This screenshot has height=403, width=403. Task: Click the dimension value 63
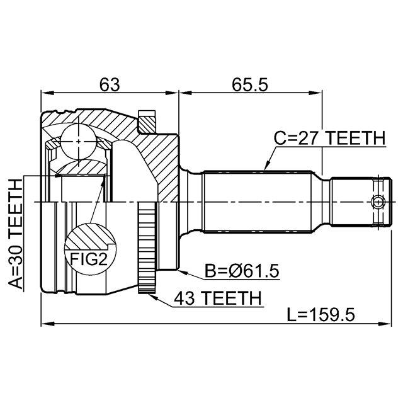pyautogui.click(x=110, y=84)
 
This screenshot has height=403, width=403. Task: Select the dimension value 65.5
pyautogui.click(x=250, y=84)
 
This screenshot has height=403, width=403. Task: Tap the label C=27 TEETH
pyautogui.click(x=330, y=138)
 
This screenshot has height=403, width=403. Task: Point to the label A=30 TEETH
pyautogui.click(x=16, y=234)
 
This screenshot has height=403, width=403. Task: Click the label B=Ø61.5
pyautogui.click(x=242, y=271)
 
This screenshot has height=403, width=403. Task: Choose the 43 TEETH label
pyautogui.click(x=217, y=298)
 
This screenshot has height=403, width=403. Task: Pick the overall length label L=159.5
pyautogui.click(x=321, y=315)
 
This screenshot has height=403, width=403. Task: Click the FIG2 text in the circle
pyautogui.click(x=88, y=259)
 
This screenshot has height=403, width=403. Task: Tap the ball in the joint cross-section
pyautogui.click(x=79, y=141)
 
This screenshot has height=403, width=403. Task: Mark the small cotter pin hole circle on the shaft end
pyautogui.click(x=378, y=202)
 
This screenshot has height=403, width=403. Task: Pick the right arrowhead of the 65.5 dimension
pyautogui.click(x=315, y=93)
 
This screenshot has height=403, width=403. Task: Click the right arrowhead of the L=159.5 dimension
pyautogui.click(x=385, y=324)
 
